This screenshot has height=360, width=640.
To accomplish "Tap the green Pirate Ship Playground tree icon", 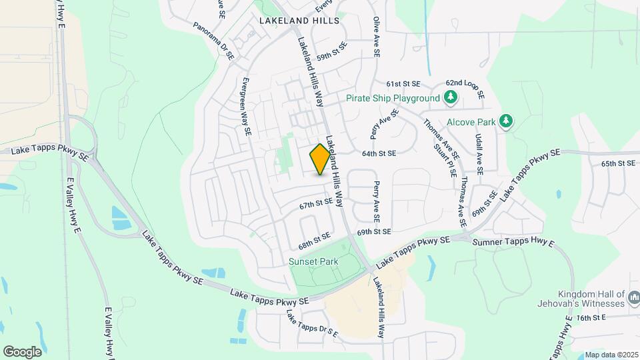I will [451, 98].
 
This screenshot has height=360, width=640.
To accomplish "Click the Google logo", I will [22, 351].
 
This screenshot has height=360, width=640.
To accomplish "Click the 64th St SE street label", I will [379, 153].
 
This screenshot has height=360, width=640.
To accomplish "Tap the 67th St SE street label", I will [315, 203].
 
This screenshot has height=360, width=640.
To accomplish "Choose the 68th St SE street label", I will [315, 241].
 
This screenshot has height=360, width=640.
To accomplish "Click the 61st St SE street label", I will [403, 84].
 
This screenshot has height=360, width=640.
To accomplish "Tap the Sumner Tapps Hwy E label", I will [513, 241].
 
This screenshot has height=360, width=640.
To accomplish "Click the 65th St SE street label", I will [618, 163].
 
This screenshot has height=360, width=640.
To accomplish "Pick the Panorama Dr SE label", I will [213, 41].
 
